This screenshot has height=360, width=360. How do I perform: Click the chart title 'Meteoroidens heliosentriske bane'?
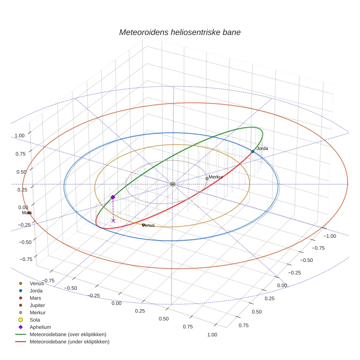(180, 32)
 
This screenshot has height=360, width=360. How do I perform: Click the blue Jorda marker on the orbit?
(252, 151)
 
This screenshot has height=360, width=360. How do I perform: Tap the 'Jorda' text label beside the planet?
(262, 149)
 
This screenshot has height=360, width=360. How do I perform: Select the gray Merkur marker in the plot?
(207, 179)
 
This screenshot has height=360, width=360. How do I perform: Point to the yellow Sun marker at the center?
(172, 184)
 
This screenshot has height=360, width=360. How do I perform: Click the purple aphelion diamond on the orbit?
(113, 197)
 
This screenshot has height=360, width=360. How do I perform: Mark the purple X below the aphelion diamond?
(113, 221)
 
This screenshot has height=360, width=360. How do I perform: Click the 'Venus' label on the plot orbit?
(148, 225)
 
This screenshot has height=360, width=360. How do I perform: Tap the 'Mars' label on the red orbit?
(27, 213)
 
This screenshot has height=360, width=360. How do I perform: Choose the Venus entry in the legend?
(37, 284)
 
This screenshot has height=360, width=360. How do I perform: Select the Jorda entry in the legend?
(36, 291)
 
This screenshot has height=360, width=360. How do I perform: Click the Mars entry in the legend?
(35, 298)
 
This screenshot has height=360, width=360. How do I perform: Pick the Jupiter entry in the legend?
(37, 305)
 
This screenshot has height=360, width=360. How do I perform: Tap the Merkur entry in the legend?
(37, 313)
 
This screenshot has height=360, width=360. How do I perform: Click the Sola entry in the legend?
(35, 320)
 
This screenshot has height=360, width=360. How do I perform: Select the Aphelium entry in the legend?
(40, 327)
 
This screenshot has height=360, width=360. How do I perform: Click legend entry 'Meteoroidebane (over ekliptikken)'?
(68, 334)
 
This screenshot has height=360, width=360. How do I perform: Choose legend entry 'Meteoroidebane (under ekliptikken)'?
(69, 342)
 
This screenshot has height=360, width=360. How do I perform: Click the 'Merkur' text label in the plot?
(216, 177)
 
